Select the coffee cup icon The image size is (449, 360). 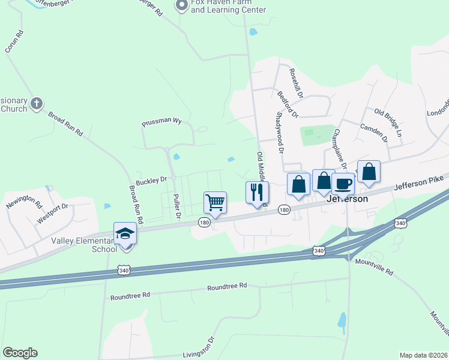click(343, 184)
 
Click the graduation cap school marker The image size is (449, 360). click(125, 233)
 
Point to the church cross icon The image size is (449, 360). click(36, 104)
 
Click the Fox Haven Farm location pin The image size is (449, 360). click(181, 7)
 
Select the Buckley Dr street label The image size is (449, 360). click(151, 180)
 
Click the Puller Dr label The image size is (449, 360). click(176, 206)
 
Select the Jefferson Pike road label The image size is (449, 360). click(418, 183)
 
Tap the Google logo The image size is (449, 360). click(20, 353)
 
